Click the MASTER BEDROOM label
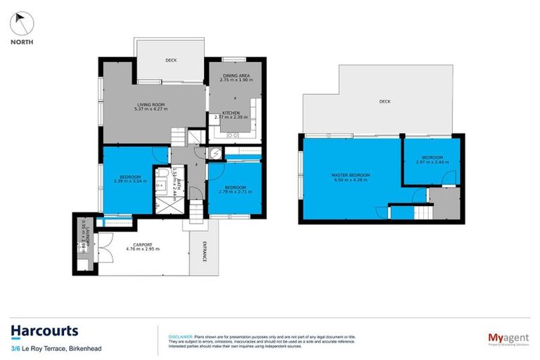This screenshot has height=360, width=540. pyautogui.click(x=351, y=176)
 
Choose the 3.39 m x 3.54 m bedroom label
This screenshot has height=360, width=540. pyautogui.click(x=130, y=179)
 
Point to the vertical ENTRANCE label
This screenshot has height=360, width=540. pyautogui.click(x=205, y=252)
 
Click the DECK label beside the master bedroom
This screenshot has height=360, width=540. pyautogui.click(x=385, y=102)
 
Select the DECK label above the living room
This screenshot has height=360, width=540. pyautogui.click(x=171, y=60)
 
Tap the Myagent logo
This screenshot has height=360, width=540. pyautogui.click(x=503, y=338)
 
